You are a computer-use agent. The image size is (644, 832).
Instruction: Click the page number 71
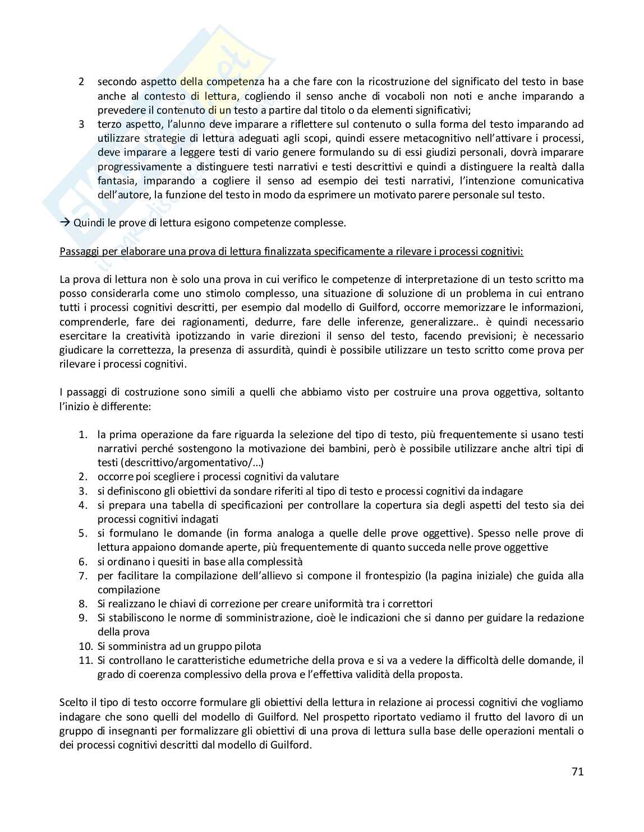[x=577, y=771]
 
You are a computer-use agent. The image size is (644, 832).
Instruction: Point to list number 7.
[x=83, y=575]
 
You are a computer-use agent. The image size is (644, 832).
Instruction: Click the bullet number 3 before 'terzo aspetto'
[x=81, y=124]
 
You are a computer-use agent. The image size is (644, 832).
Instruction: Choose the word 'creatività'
[x=133, y=336]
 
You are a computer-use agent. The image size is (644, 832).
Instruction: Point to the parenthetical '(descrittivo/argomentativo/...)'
[x=181, y=462]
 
